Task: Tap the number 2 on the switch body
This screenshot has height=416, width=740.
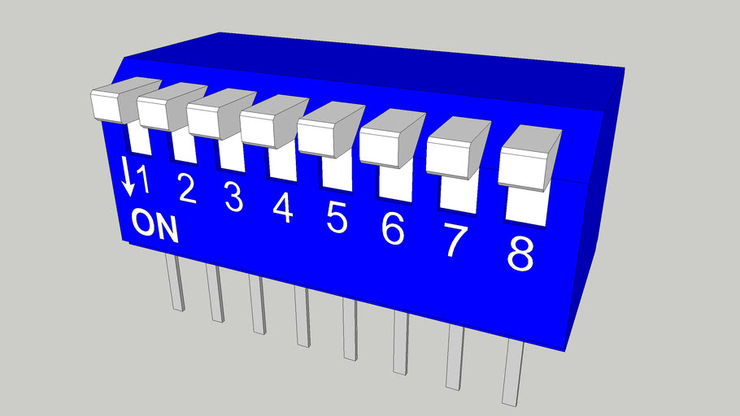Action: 187,188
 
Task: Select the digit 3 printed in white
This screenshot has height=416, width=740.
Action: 234,197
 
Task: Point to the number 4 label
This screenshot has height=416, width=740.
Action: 283,208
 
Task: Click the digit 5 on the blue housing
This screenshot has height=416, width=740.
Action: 337,218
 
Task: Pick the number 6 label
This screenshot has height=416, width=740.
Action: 393,229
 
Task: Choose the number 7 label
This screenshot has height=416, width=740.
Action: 455,241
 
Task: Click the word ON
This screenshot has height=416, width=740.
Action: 155,225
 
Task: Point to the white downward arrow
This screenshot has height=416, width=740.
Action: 128,176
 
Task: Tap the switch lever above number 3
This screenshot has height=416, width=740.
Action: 218,116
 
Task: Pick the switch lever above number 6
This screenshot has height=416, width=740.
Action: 390,140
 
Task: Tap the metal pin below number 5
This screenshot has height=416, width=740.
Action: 350,329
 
